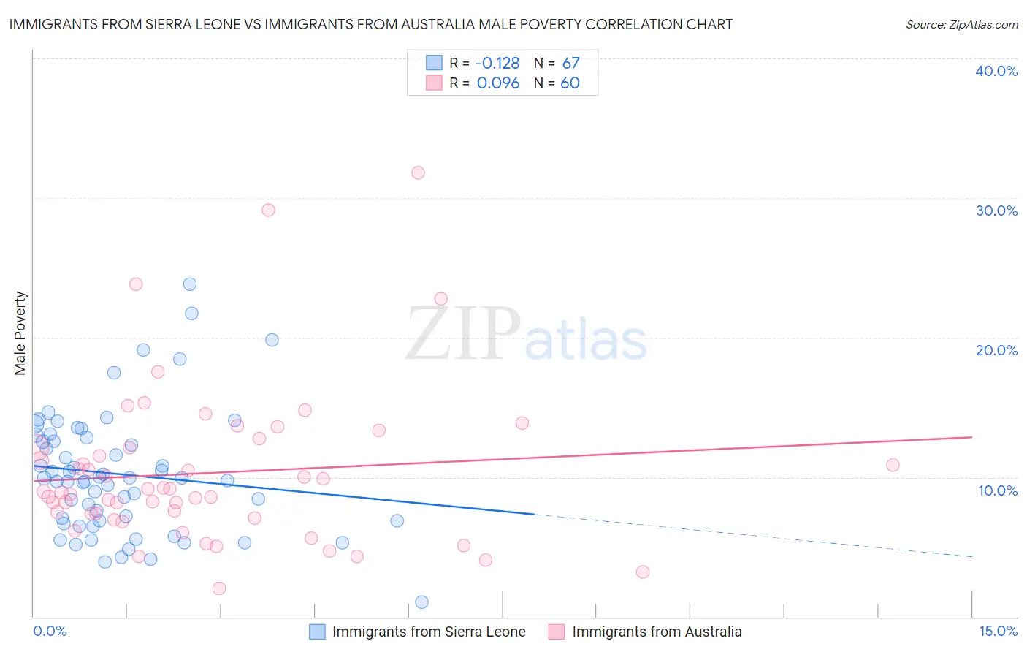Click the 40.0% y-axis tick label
pyautogui.click(x=996, y=71)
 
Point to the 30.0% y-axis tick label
pyautogui.click(x=996, y=211)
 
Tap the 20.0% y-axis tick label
pyautogui.click(x=996, y=350)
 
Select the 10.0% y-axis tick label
pyautogui.click(x=998, y=490)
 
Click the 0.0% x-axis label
pyautogui.click(x=50, y=631)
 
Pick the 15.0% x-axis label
pyautogui.click(x=998, y=631)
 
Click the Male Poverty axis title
pyautogui.click(x=20, y=333)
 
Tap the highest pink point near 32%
pyautogui.click(x=418, y=173)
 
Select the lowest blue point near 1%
pyautogui.click(x=421, y=602)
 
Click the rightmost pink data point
pyautogui.click(x=893, y=465)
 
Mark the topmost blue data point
pyautogui.click(x=190, y=284)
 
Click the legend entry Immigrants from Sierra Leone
pyautogui.click(x=429, y=632)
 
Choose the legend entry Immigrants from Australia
pyautogui.click(x=657, y=632)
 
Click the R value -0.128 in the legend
pyautogui.click(x=497, y=64)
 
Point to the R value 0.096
pyautogui.click(x=498, y=83)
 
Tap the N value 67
pyautogui.click(x=570, y=64)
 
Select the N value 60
pyautogui.click(x=570, y=83)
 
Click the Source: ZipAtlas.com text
pyautogui.click(x=961, y=25)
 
